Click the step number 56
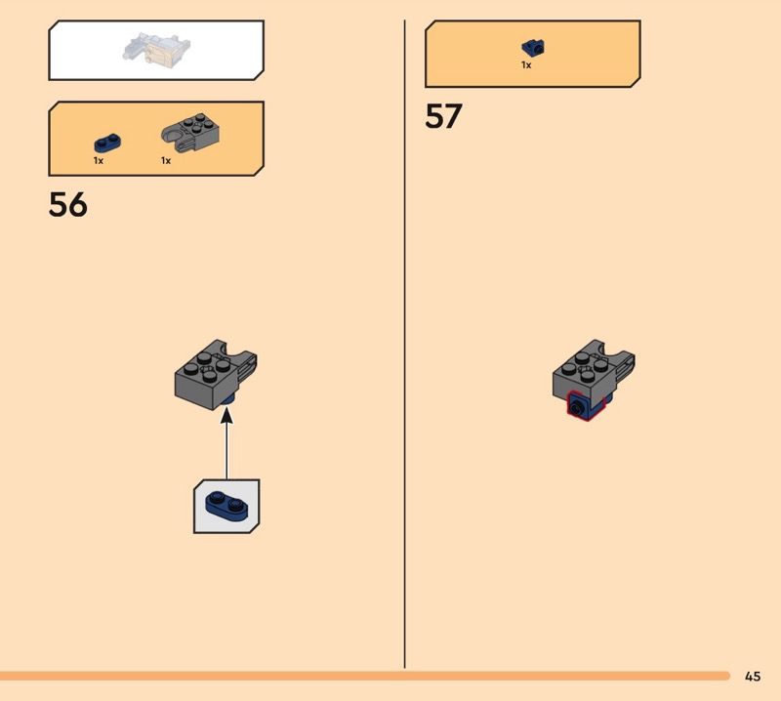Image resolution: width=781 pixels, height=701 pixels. click(x=68, y=205)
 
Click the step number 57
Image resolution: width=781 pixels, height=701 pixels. click(x=443, y=117)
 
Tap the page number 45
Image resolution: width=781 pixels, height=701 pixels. click(x=752, y=676)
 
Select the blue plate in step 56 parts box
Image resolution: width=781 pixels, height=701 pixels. click(x=107, y=142)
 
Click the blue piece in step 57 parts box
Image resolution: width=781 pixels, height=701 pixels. click(x=532, y=47)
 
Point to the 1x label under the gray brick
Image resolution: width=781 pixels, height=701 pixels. click(x=166, y=160)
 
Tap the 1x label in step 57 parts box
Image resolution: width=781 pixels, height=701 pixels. click(x=526, y=65)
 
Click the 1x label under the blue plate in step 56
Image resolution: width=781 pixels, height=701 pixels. click(x=99, y=160)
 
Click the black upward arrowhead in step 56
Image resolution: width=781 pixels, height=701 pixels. click(x=226, y=416)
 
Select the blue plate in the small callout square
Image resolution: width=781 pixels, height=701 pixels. click(x=226, y=505)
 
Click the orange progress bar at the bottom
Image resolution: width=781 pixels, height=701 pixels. click(x=361, y=676)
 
